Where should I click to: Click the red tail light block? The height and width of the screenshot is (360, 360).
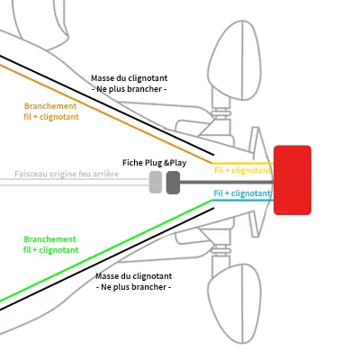pos(292,180)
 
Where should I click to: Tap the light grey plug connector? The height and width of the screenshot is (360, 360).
pos(156,182)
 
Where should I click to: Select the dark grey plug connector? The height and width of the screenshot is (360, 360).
pos(173,183)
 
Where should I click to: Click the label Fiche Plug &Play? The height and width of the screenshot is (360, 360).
pos(154,163)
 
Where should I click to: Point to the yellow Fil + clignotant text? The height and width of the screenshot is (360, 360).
pos(242,170)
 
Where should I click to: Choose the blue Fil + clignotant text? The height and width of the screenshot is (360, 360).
pos(242,193)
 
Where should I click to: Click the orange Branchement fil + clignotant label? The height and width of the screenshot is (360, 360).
pos(51,112)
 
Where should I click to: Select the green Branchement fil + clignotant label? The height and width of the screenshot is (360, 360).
pos(51,245)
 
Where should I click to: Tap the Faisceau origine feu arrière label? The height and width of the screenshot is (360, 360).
pos(67,174)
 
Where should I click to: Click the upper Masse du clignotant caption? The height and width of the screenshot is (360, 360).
pos(130,84)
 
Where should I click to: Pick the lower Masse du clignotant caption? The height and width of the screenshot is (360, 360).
pos(134,282)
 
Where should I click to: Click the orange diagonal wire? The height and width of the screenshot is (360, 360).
pos(106,114)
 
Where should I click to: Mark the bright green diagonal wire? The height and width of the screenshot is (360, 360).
pos(106,250)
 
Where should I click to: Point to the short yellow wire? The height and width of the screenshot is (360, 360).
pos(242,164)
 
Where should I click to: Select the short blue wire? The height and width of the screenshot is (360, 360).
pos(242,200)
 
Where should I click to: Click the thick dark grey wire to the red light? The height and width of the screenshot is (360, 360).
pos(227,182)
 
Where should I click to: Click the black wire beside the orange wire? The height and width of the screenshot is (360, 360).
pos(107,105)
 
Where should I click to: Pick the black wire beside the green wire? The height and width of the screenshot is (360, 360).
pos(107,258)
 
